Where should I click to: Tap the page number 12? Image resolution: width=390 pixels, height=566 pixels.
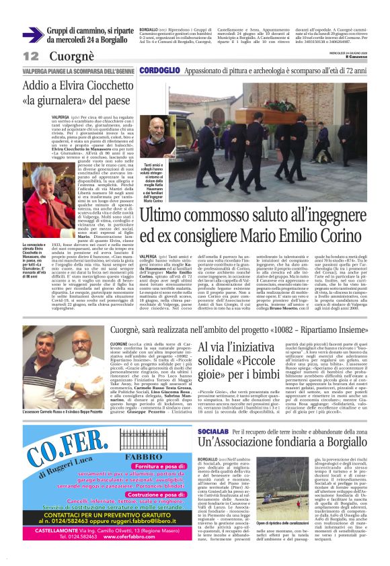pyautogui.click(x=30, y=56)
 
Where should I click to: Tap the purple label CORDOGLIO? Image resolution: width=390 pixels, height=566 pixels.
pyautogui.click(x=160, y=70)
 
